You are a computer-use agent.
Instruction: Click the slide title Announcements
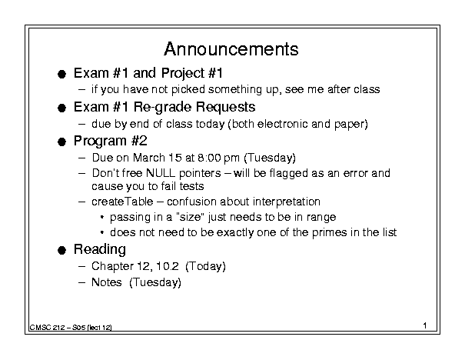231,49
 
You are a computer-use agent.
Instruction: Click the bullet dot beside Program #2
61,142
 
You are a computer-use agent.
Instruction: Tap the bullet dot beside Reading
61,251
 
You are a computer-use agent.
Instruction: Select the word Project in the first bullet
183,74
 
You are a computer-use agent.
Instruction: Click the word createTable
122,202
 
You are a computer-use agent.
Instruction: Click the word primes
329,232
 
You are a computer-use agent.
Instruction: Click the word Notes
107,282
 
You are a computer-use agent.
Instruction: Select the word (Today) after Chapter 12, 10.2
205,266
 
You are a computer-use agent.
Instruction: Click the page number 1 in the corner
425,325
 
